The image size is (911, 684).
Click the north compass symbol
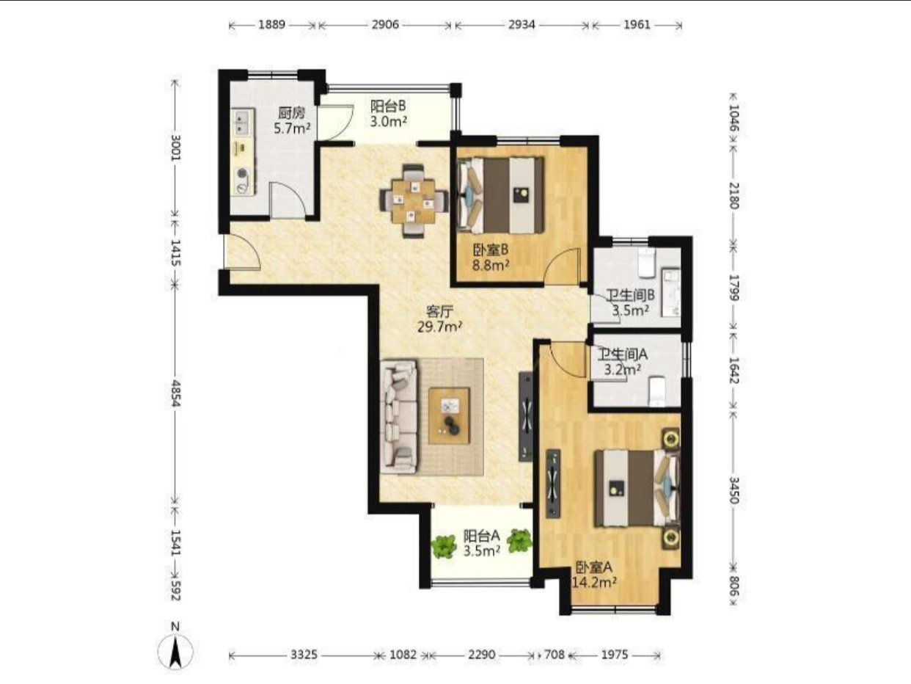point(175,650)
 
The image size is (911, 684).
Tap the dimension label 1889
point(272,25)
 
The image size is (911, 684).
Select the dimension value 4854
point(175,393)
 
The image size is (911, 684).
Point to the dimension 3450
point(733,490)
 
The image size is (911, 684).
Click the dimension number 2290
point(481,655)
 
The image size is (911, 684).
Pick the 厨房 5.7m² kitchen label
point(292,120)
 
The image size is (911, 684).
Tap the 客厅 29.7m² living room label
point(439,319)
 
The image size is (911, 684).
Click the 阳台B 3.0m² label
point(389,113)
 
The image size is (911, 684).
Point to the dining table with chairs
point(414,201)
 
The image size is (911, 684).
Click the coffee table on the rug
point(450,415)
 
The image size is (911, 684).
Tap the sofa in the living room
point(399,416)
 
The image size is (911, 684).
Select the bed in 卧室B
point(500,195)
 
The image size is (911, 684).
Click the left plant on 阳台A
point(444,546)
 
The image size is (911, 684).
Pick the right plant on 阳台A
point(519,540)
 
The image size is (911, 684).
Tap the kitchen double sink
point(242,121)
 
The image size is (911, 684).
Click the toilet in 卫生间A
point(656,390)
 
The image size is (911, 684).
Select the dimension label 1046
point(733,117)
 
